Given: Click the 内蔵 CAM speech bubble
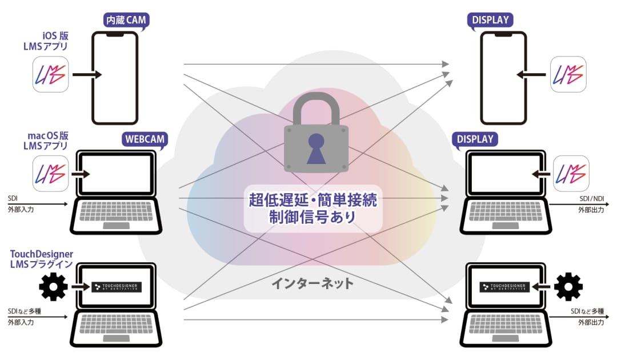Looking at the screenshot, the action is [x=126, y=20].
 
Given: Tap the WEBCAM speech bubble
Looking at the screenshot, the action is [x=145, y=139].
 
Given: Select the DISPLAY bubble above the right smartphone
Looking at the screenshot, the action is [x=490, y=20].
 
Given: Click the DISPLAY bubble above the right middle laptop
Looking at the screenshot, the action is [x=475, y=139].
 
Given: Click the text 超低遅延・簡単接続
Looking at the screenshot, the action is [x=313, y=200].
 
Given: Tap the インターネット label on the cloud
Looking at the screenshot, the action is [x=312, y=283].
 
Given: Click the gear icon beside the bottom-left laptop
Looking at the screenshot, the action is [x=53, y=286].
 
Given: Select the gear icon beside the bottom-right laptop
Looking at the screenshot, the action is [x=568, y=286].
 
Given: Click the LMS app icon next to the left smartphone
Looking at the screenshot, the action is [x=50, y=74].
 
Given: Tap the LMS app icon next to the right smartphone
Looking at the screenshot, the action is [x=568, y=74].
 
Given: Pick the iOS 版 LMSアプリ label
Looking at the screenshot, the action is [x=46, y=41].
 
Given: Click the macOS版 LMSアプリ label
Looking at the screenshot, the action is [x=46, y=141].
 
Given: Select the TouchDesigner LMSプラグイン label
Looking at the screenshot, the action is [x=42, y=259].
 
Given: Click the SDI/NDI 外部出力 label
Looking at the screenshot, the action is [x=591, y=204].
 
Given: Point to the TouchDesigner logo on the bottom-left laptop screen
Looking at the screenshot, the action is [x=117, y=287].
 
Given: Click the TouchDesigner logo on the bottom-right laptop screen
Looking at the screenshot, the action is [x=504, y=287].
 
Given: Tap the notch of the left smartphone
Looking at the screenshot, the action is [x=115, y=35].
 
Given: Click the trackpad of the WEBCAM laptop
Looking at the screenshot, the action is [x=116, y=226].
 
